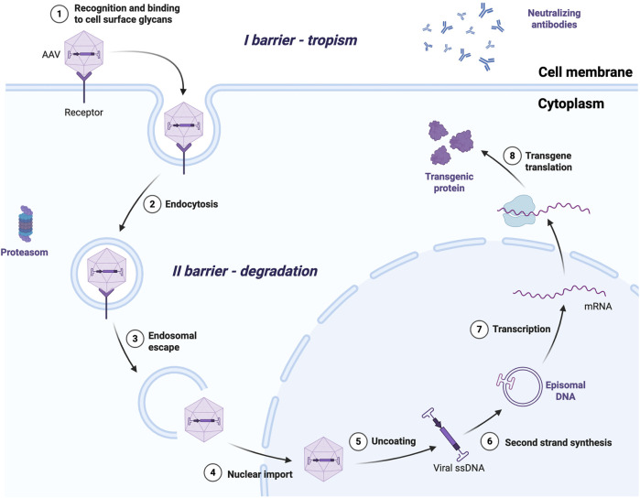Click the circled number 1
(60, 14)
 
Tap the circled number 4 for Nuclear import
(212, 472)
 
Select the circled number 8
(512, 156)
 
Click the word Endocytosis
(191, 204)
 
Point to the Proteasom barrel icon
(26, 223)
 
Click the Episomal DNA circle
(520, 385)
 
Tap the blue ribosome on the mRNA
(518, 211)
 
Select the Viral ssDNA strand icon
(446, 434)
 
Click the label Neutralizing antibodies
(554, 19)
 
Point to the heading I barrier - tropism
(300, 40)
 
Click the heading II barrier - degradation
(244, 271)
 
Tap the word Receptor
(83, 113)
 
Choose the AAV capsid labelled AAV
(84, 53)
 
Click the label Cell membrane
(585, 72)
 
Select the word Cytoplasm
(570, 103)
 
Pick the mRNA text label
(598, 306)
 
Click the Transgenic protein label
(449, 182)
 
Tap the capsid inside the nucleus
(323, 460)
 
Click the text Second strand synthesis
(558, 442)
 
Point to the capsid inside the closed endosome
(107, 271)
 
